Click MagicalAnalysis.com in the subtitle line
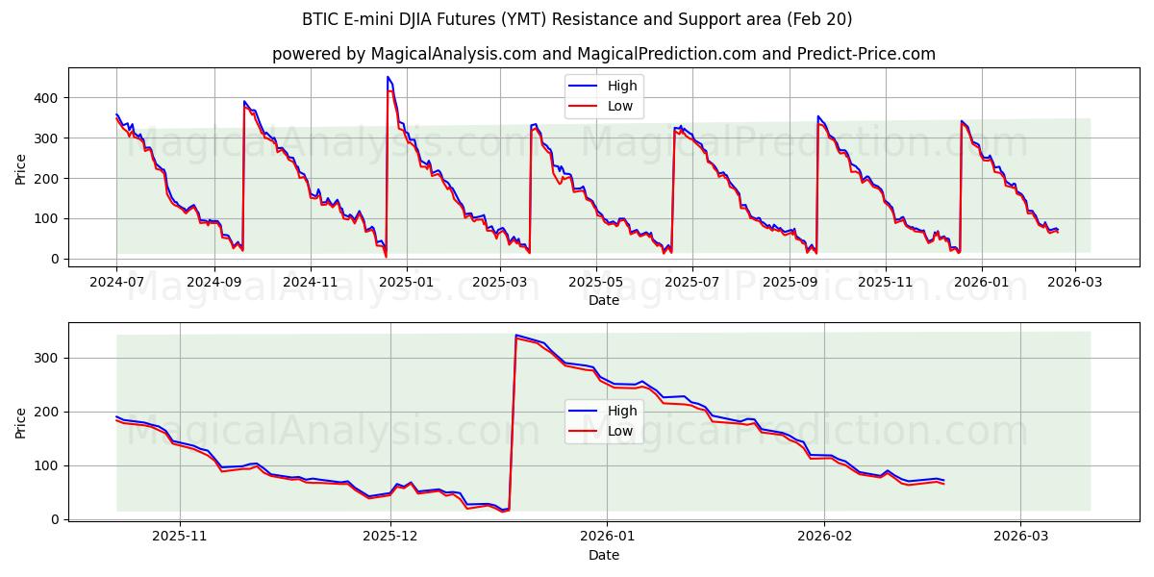point(452,54)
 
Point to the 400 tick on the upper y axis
point(46,98)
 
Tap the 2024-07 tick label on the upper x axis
point(116,283)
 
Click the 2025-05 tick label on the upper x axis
point(596,283)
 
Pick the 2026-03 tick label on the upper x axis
point(1076,283)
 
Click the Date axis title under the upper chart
point(603,300)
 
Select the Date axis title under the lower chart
point(603,555)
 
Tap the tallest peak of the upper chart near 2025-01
point(388,77)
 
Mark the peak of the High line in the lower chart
point(516,335)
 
